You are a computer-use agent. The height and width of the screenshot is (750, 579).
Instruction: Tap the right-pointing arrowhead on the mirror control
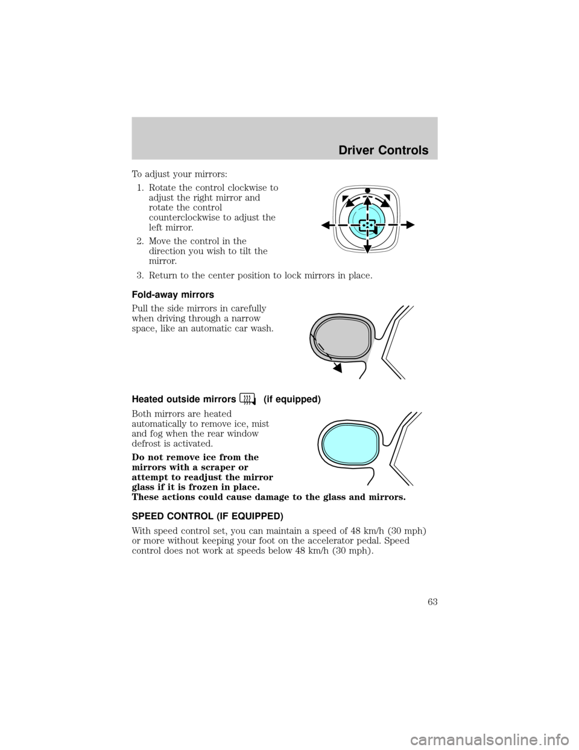click(411, 225)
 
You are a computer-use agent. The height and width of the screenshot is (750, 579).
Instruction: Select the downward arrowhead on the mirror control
click(367, 248)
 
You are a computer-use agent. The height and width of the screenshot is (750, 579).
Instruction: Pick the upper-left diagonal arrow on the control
click(344, 200)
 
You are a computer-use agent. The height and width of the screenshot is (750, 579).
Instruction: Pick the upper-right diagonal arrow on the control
click(389, 200)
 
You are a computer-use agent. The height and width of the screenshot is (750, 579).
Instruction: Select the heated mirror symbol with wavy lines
click(246, 399)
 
